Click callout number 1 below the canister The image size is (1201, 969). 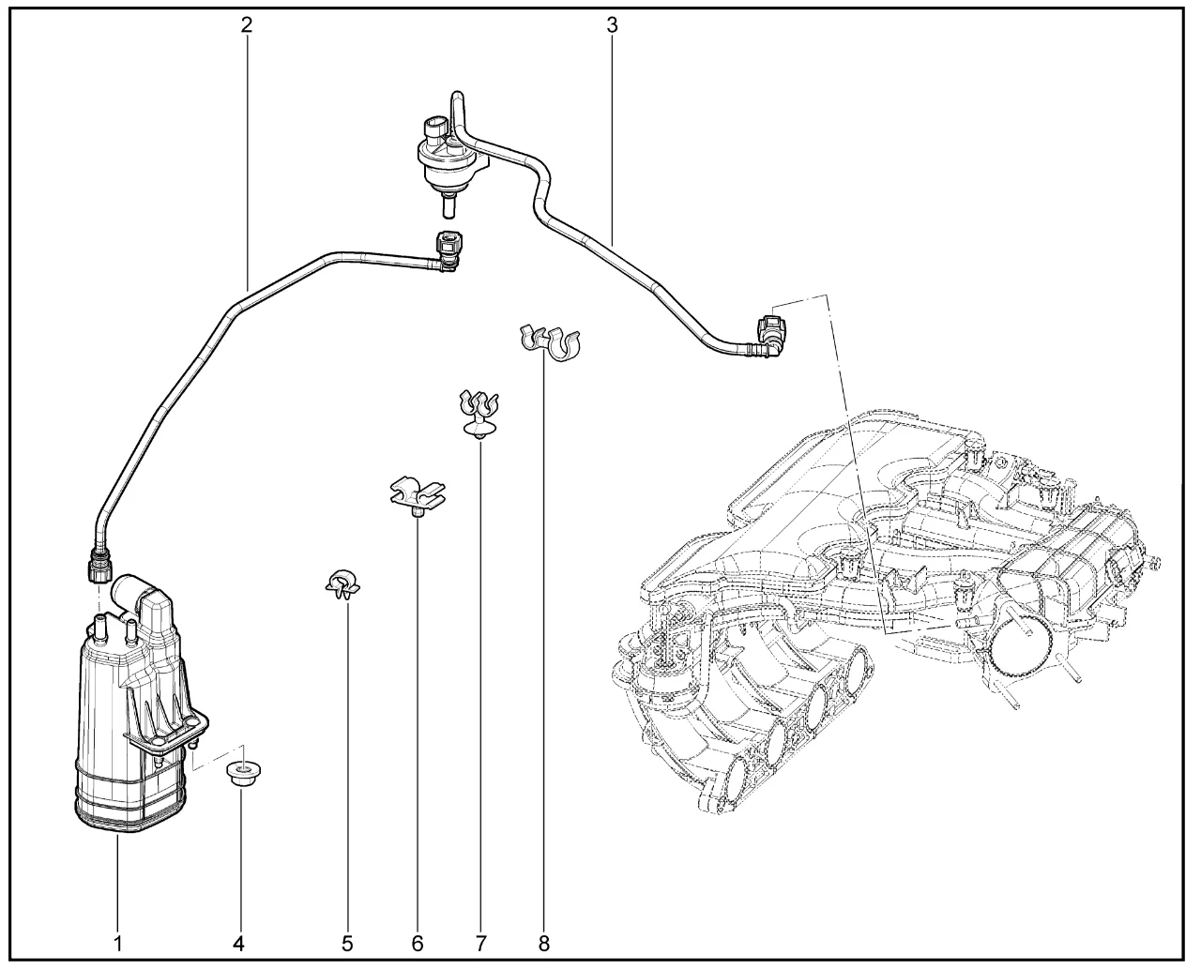click(118, 943)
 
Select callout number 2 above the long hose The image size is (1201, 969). click(246, 25)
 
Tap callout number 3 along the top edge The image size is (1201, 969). click(612, 25)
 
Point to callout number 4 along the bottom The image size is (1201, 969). click(238, 943)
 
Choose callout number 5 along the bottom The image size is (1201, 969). click(347, 943)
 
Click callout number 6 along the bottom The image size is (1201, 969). click(418, 943)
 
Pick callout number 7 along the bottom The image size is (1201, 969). click(480, 943)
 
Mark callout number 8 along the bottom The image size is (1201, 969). click(544, 943)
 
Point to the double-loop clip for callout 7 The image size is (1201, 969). click(479, 411)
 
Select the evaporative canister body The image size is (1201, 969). click(131, 732)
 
